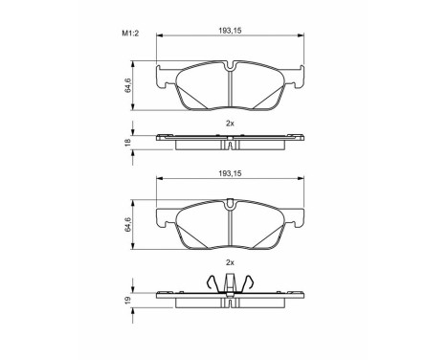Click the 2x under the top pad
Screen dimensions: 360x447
tap(229, 124)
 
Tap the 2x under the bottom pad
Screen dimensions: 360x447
tap(229, 261)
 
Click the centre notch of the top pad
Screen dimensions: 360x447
tap(230, 68)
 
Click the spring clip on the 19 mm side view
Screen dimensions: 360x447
tap(230, 283)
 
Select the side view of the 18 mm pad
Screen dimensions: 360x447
tap(230, 140)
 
